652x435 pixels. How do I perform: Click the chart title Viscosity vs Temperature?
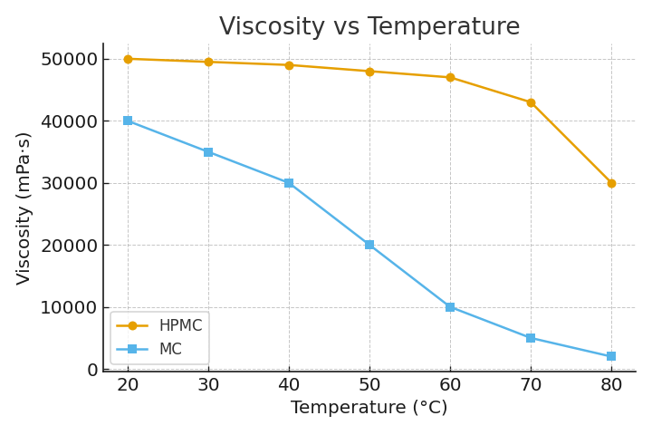click(x=369, y=27)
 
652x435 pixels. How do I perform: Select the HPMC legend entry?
click(x=179, y=325)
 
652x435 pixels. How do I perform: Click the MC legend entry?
click(x=169, y=349)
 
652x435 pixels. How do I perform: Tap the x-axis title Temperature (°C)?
click(x=369, y=408)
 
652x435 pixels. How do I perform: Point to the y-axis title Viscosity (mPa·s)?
click(x=24, y=208)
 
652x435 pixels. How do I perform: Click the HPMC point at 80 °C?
click(x=611, y=183)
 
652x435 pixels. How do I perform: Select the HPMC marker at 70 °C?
click(x=531, y=102)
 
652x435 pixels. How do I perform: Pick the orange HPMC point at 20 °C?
click(x=128, y=59)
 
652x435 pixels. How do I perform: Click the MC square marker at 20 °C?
click(x=128, y=121)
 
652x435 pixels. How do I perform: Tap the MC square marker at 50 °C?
click(x=369, y=245)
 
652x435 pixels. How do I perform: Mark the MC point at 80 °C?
click(x=611, y=356)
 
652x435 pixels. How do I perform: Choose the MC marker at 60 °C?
click(x=450, y=307)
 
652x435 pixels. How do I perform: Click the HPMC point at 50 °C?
click(x=369, y=72)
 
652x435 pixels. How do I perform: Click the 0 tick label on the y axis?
click(x=91, y=370)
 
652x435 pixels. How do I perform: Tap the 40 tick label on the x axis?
click(x=289, y=384)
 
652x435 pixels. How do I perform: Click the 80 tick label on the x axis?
click(x=611, y=384)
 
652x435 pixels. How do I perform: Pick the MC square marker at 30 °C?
click(x=208, y=152)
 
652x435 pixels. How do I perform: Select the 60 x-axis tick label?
click(x=450, y=384)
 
